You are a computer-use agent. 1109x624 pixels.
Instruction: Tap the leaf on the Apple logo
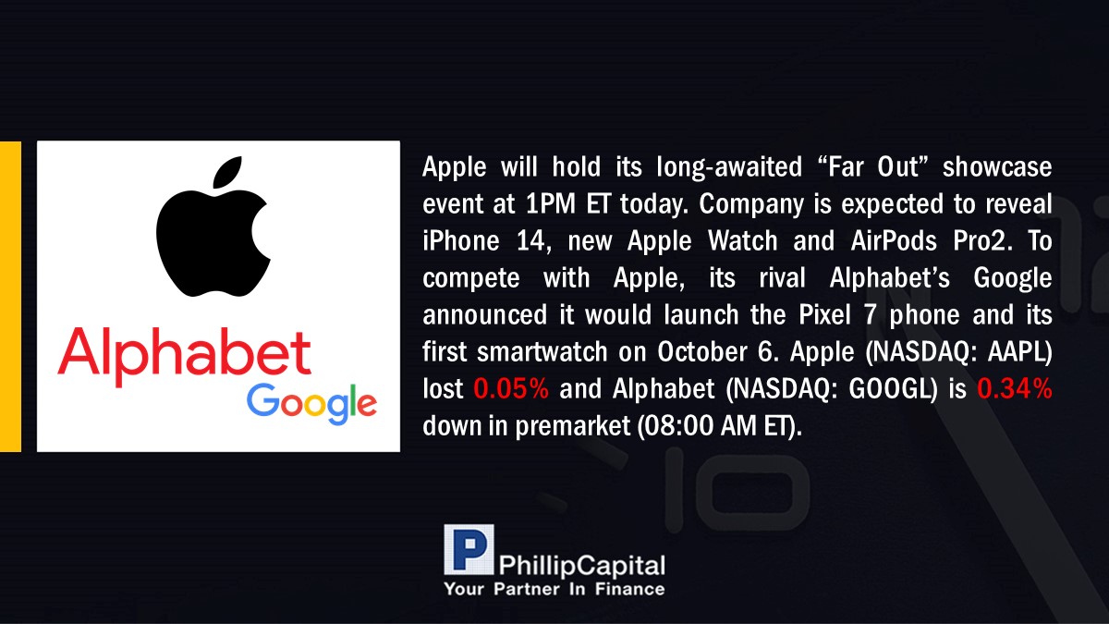[227, 172]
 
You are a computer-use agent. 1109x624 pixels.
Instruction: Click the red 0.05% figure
[511, 388]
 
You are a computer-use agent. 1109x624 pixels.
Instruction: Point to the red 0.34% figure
[1015, 388]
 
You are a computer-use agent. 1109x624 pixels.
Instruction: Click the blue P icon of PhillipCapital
[469, 549]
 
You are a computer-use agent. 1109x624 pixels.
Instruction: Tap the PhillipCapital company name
[581, 566]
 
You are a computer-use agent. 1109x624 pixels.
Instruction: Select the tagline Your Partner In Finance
[554, 589]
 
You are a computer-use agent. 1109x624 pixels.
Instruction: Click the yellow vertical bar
[10, 296]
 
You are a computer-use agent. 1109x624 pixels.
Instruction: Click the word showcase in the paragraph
[997, 167]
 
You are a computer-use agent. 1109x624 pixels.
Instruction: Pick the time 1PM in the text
[550, 203]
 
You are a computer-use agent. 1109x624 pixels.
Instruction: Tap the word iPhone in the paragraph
[461, 241]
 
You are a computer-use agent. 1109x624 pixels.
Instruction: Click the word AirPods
[894, 240]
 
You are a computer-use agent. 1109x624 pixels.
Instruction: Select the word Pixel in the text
[824, 314]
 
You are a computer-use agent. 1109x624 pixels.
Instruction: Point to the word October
[702, 351]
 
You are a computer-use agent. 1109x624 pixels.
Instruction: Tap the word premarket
[573, 426]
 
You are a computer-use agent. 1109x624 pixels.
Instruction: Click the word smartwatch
[542, 351]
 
